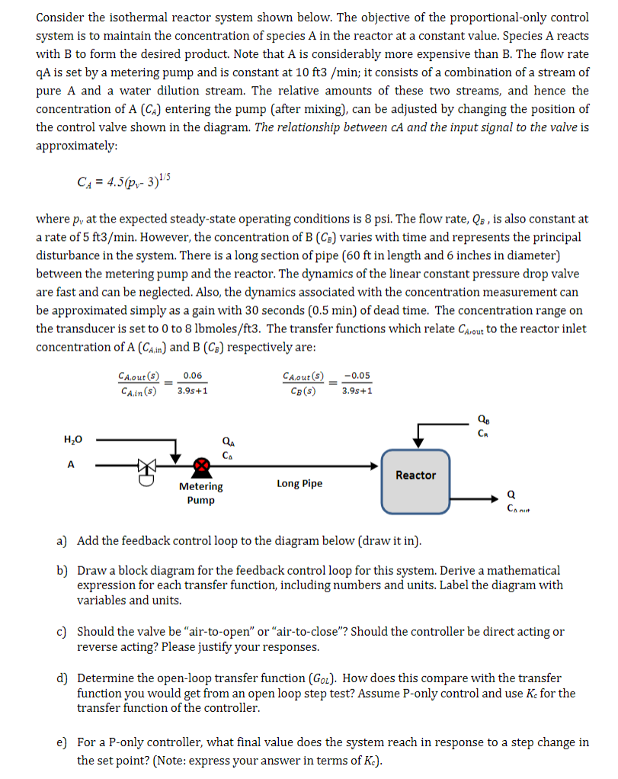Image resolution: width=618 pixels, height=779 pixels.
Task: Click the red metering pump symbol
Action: (x=201, y=465)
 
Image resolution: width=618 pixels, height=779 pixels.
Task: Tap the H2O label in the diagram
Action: (x=73, y=439)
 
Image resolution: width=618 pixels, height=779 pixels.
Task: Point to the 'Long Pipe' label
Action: (x=299, y=483)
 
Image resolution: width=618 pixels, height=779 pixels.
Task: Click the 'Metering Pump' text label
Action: (x=201, y=493)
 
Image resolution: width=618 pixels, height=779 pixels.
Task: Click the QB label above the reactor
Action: (x=482, y=417)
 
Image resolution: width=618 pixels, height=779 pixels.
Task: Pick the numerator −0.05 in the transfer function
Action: (x=357, y=375)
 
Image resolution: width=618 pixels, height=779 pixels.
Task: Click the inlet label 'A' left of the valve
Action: (x=71, y=464)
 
